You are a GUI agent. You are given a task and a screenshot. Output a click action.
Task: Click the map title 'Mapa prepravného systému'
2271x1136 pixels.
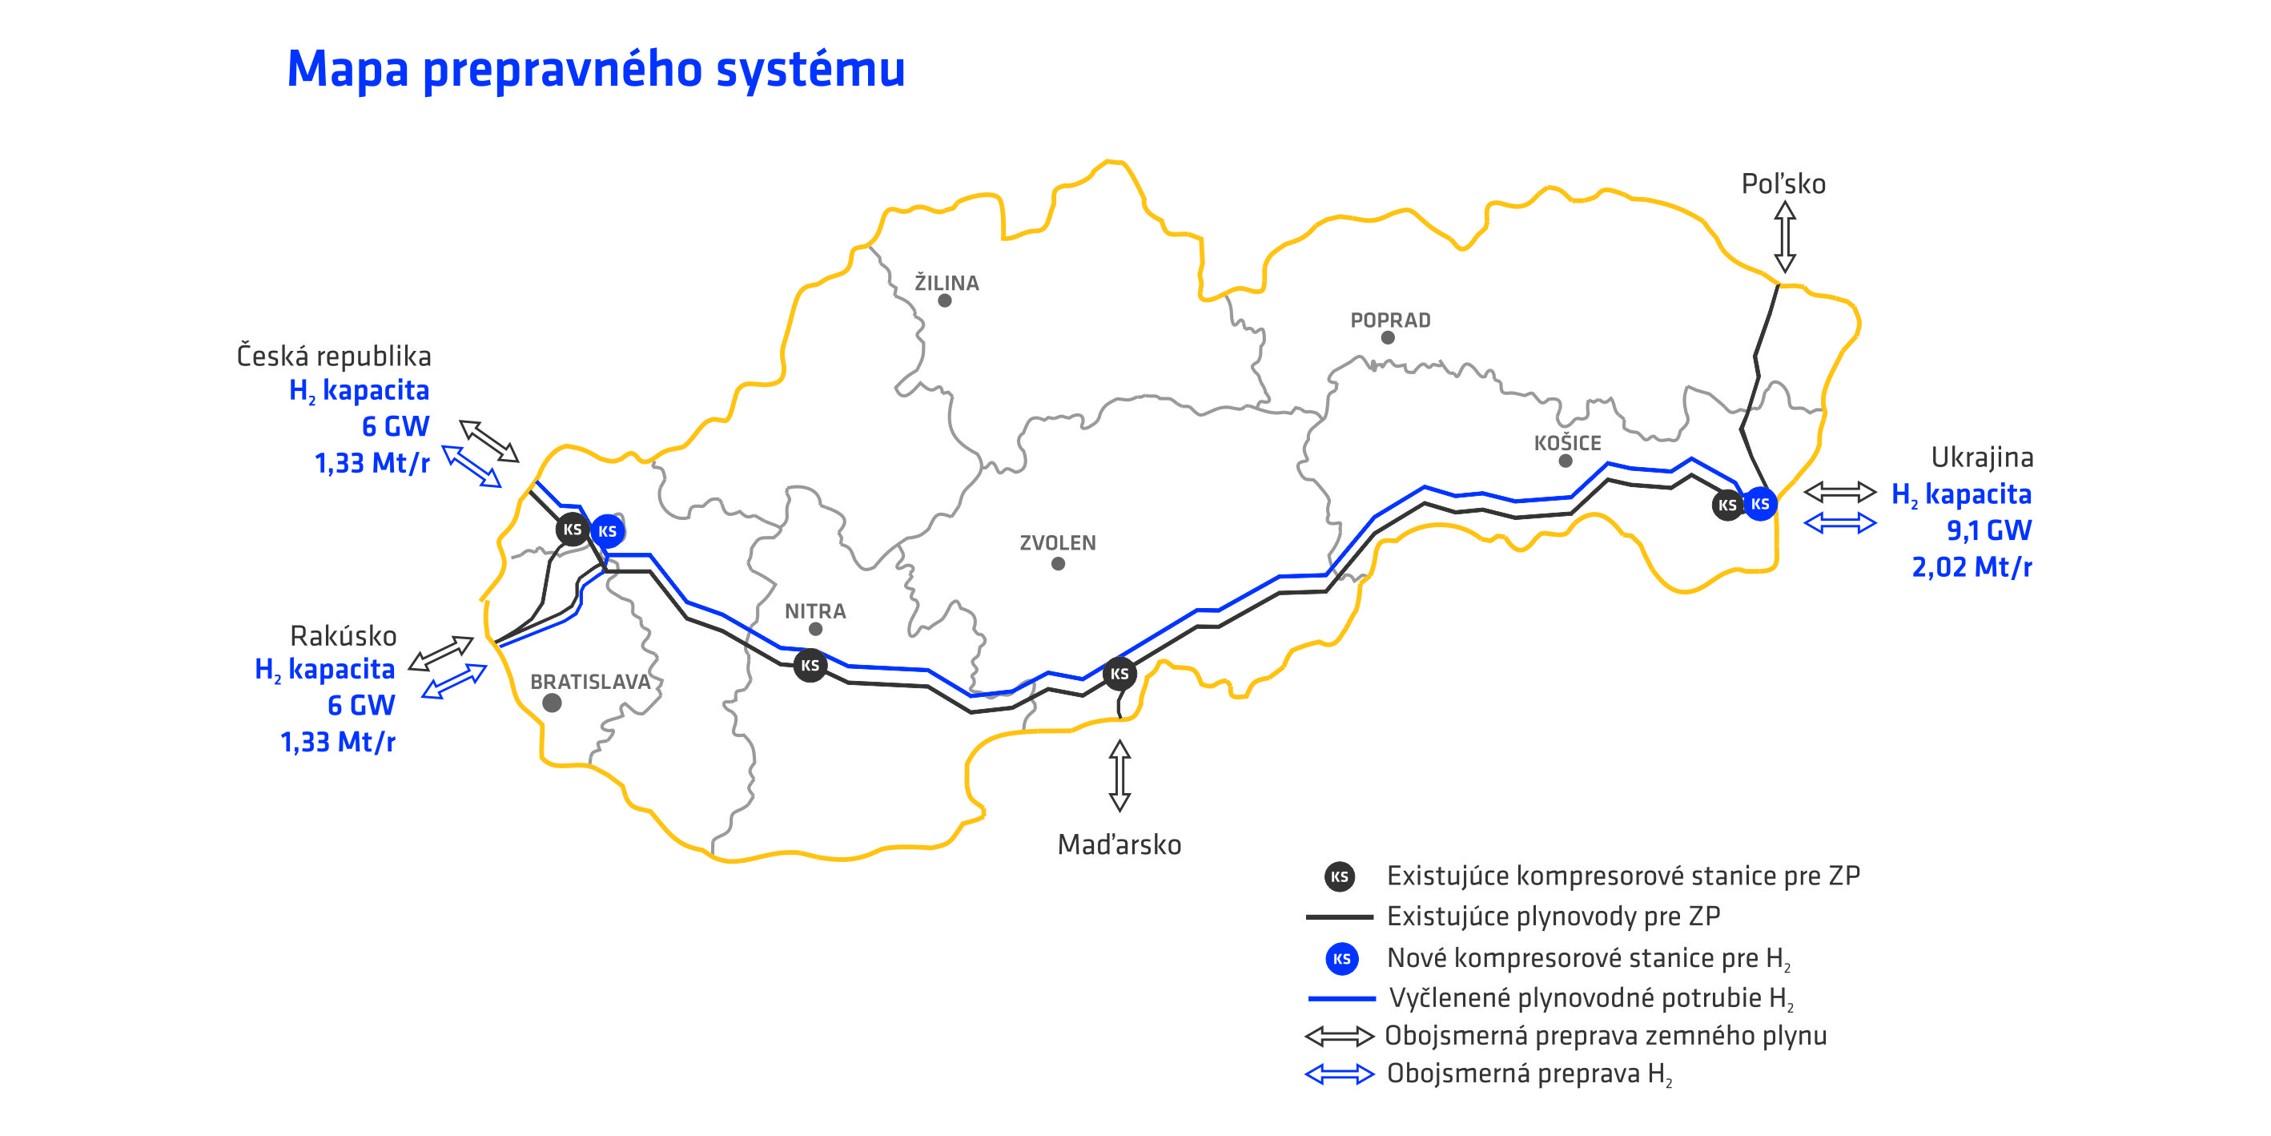coord(596,69)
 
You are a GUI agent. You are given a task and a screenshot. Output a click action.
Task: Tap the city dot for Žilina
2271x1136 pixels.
coord(944,300)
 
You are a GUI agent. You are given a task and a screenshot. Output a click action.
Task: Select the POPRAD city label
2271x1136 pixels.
coord(1390,320)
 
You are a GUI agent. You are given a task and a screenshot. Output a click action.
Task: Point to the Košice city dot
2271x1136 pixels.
coord(1565,461)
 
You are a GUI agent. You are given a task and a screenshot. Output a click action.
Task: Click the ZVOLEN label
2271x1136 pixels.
coord(1058,542)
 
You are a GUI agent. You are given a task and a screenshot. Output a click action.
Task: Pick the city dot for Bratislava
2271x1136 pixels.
coord(552,703)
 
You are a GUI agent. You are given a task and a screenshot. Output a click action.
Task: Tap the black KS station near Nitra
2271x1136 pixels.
coord(810,665)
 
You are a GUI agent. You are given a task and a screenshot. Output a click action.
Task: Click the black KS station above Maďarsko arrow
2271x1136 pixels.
coord(1119,674)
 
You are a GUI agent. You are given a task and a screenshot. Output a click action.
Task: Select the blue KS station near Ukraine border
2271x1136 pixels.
coord(1759,504)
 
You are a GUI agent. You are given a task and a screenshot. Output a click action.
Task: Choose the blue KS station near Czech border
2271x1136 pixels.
coord(608,531)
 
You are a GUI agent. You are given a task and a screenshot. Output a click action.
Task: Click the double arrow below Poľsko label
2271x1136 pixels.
coord(1784,236)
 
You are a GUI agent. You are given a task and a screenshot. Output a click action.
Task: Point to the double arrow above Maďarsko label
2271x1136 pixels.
coord(1119,775)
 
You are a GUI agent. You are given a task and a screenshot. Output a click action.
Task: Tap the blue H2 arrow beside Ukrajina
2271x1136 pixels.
coord(1840,524)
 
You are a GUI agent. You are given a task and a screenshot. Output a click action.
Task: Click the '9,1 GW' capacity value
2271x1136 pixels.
coord(1988,530)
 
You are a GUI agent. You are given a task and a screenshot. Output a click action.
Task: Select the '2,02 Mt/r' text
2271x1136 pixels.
coord(1972,567)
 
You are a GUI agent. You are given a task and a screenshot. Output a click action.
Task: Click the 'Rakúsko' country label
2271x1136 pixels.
coord(343,636)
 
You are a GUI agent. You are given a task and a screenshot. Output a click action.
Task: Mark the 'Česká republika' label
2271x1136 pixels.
coord(333,357)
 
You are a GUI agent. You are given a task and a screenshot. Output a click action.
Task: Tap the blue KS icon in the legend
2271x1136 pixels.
coord(1341,959)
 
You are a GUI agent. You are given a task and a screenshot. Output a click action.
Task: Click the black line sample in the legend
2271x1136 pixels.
coord(1339,917)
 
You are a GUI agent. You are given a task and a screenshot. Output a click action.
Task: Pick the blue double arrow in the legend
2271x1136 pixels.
coord(1339,1074)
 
